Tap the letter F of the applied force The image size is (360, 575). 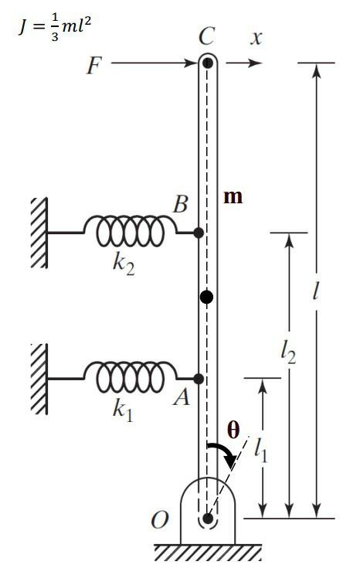point(93,66)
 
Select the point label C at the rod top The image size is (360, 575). point(206,36)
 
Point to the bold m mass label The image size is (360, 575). point(233,196)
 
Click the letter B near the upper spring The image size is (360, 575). point(181,206)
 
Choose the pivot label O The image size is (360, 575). point(160,519)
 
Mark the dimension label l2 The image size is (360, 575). point(288,352)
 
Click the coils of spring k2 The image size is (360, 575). point(130,231)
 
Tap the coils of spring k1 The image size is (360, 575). point(130,378)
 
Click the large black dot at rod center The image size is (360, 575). point(206,297)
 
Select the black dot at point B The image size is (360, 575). point(199,232)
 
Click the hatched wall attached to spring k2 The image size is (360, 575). point(38,232)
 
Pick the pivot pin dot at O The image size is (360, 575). point(206,518)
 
